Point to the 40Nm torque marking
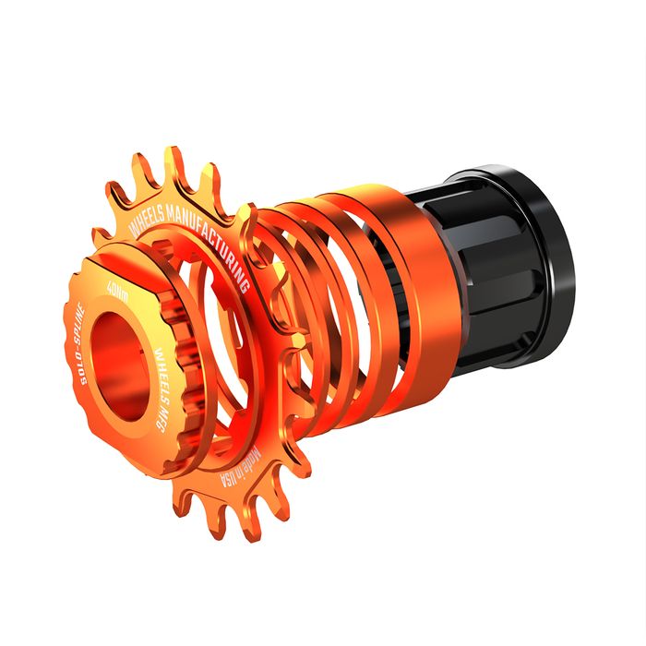(116, 292)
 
